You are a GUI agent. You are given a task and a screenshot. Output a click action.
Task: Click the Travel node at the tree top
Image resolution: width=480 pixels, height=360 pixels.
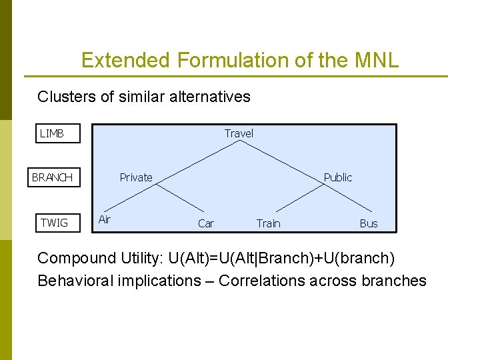coord(239,133)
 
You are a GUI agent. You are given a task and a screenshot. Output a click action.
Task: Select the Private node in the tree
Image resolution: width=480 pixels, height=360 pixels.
coord(136,177)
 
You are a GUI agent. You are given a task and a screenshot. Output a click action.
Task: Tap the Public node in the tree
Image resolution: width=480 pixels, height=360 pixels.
coord(337,177)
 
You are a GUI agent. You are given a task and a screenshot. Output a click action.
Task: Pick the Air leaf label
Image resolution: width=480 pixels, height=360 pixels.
coord(105,219)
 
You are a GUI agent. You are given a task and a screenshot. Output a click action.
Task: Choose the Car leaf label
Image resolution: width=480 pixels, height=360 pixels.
coord(206,223)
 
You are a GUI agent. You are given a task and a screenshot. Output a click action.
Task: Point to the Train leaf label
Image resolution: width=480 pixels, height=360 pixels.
coord(269,223)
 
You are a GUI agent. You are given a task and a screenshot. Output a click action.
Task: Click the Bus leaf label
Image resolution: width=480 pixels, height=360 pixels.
coord(369,223)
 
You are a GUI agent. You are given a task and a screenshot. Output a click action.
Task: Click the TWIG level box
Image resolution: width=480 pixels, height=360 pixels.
coord(57,223)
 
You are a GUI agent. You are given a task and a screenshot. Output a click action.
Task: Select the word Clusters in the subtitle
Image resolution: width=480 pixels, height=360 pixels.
coord(67,97)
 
